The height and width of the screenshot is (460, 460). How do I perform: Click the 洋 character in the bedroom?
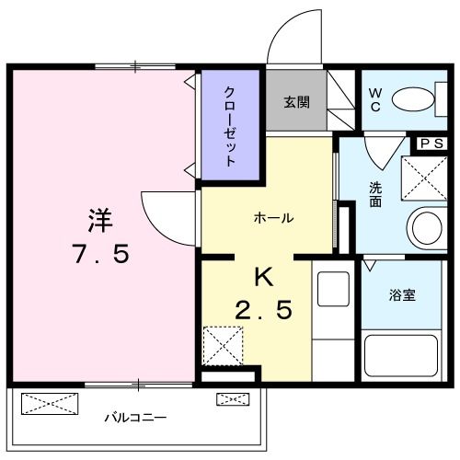(x=99, y=220)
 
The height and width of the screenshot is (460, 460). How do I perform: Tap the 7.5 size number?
(x=99, y=254)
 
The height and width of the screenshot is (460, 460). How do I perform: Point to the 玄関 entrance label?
(x=296, y=101)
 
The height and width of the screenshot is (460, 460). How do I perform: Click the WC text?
(x=375, y=101)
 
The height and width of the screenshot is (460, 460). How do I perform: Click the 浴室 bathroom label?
(x=402, y=295)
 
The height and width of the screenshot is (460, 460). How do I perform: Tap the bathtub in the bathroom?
(x=403, y=354)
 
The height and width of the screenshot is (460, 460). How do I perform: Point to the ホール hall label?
(x=273, y=218)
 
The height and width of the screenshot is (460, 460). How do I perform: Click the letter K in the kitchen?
(x=262, y=275)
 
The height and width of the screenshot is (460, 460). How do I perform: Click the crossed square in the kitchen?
(x=224, y=344)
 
